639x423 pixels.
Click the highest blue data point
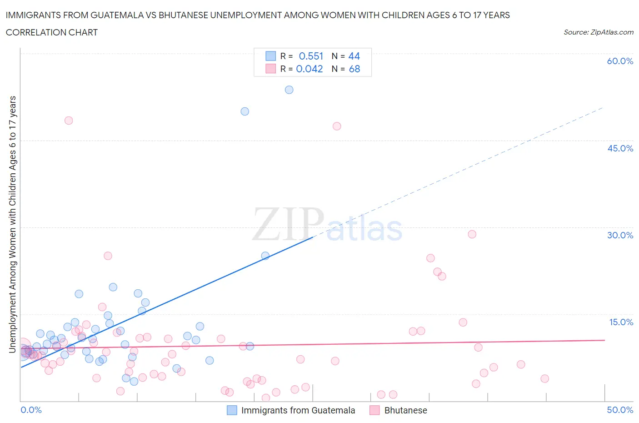pyautogui.click(x=289, y=90)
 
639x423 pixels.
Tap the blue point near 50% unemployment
pyautogui.click(x=245, y=111)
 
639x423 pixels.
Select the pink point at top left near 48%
pyautogui.click(x=69, y=121)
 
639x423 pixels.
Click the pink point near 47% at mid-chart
pyautogui.click(x=337, y=126)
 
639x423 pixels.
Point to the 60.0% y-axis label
pyautogui.click(x=620, y=61)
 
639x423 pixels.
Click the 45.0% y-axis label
pyautogui.click(x=620, y=148)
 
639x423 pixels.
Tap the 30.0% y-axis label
pyautogui.click(x=620, y=235)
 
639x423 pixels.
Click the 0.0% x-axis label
pyautogui.click(x=31, y=410)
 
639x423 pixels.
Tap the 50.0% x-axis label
pyautogui.click(x=620, y=410)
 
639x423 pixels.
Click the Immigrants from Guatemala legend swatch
pyautogui.click(x=232, y=410)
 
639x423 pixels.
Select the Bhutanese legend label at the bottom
pyautogui.click(x=405, y=410)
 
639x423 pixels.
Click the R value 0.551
pyautogui.click(x=311, y=56)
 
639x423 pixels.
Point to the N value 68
pyautogui.click(x=354, y=69)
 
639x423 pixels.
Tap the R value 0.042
pyautogui.click(x=310, y=69)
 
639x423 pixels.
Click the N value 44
pyautogui.click(x=354, y=56)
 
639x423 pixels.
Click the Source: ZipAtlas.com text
pyautogui.click(x=598, y=32)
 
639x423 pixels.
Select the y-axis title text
pyautogui.click(x=13, y=224)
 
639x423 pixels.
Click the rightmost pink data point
pyautogui.click(x=544, y=378)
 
